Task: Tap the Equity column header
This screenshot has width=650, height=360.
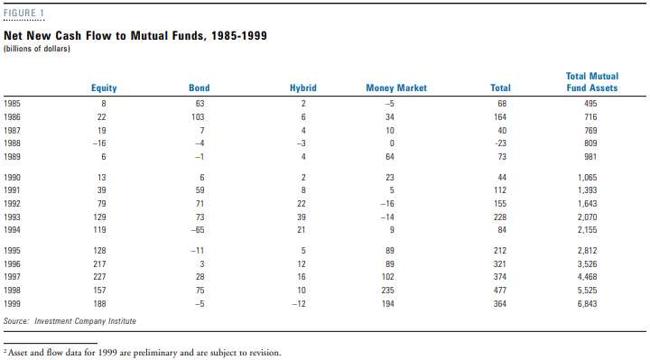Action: pyautogui.click(x=104, y=88)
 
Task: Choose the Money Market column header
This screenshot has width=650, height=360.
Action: pyautogui.click(x=396, y=88)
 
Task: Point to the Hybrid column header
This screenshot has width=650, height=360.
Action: pyautogui.click(x=302, y=88)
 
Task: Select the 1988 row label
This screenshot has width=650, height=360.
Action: pyautogui.click(x=14, y=143)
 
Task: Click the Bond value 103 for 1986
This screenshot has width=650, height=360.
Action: pyautogui.click(x=200, y=117)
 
